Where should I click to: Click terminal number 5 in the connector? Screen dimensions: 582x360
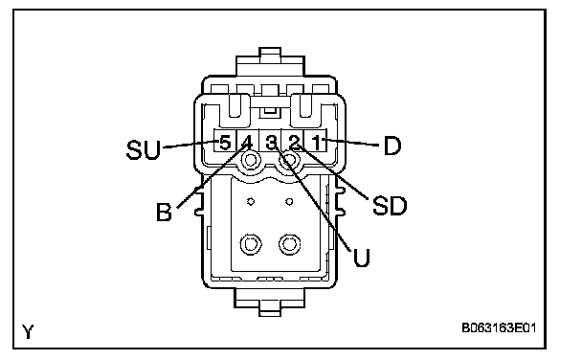point(225,143)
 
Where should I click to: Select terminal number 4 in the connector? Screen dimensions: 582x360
point(247,143)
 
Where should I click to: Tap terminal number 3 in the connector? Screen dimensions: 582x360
point(272,143)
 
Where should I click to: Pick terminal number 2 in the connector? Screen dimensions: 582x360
point(294,143)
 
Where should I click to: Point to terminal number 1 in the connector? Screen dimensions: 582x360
point(317,143)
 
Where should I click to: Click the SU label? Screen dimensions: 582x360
point(144,149)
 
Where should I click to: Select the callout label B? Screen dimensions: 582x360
point(164,212)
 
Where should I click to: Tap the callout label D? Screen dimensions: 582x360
point(392,146)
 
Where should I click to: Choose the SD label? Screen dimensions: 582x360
point(390,205)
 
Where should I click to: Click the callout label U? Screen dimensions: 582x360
point(361,258)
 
